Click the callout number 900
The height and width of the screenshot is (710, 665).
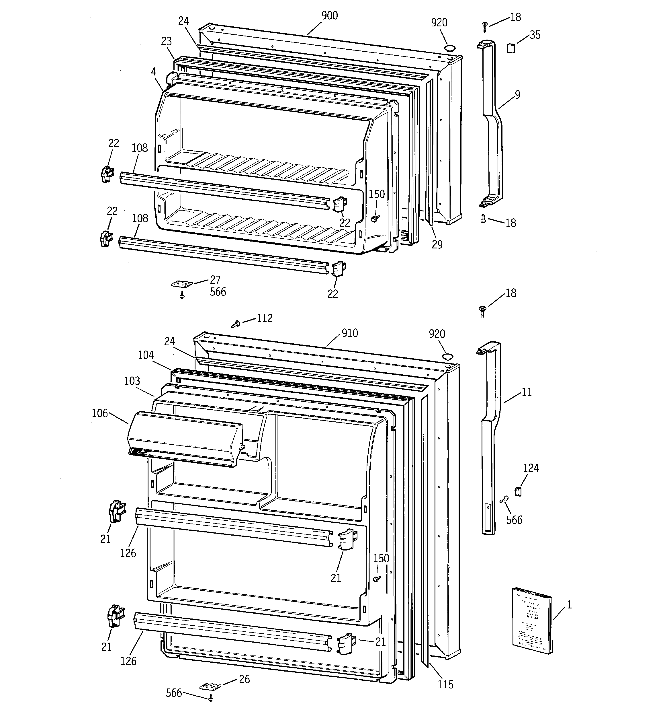click(329, 16)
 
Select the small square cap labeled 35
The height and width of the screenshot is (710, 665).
click(511, 48)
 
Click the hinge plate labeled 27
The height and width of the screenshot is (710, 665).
click(182, 284)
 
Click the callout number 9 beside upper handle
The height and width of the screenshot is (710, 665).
click(517, 95)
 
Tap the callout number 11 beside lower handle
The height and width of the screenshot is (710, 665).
click(527, 392)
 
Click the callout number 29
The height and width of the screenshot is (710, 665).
click(437, 245)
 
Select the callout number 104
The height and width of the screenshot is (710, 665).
click(146, 355)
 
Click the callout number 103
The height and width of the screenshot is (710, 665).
click(132, 381)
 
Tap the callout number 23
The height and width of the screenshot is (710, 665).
click(166, 41)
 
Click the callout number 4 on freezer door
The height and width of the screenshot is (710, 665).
click(153, 72)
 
